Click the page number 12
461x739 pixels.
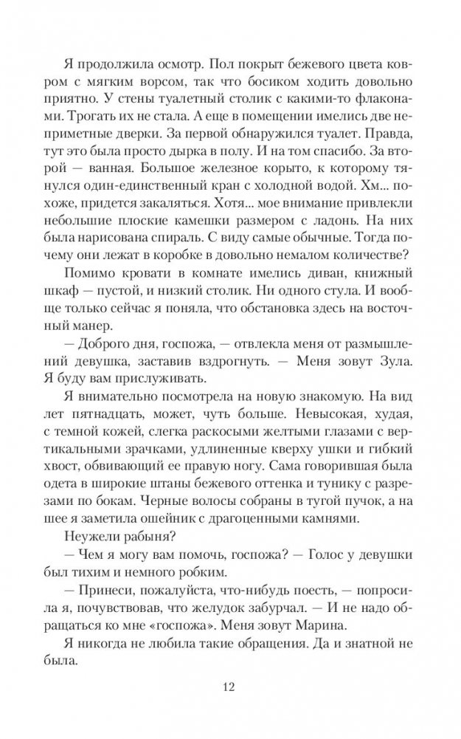(230, 690)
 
